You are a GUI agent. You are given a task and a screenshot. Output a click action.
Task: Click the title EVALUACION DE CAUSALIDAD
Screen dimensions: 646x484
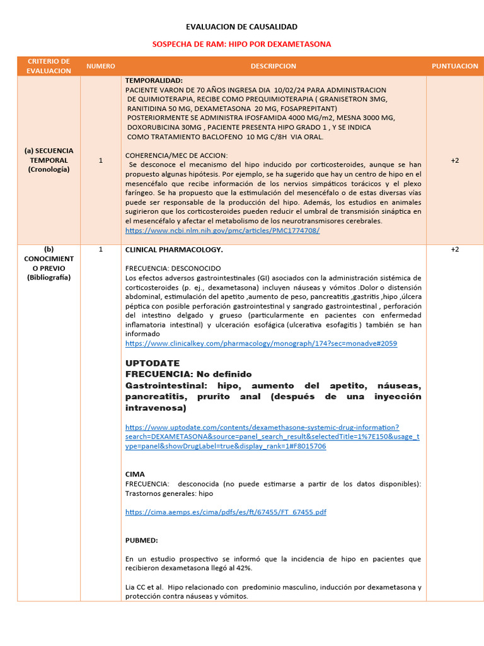pos(241,27)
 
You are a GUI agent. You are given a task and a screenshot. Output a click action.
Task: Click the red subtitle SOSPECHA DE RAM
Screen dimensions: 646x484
pos(241,44)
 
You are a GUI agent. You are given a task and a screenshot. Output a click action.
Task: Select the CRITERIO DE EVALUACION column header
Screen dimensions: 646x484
pos(49,66)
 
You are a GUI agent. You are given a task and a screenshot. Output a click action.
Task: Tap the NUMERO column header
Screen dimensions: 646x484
pos(101,66)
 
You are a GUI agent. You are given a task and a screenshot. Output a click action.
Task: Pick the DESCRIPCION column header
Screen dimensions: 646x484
pos(273,66)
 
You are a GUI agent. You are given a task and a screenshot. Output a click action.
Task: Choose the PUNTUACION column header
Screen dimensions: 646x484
pos(454,66)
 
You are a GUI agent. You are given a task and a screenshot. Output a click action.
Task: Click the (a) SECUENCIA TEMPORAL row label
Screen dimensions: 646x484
pos(49,160)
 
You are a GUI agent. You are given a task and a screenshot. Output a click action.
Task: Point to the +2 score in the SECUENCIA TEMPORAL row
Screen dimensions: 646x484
pos(454,161)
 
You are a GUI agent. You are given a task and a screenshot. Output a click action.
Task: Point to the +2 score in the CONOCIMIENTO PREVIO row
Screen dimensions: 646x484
pos(454,250)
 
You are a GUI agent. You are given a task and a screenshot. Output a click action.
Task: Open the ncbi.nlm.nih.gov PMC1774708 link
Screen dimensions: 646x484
pos(222,231)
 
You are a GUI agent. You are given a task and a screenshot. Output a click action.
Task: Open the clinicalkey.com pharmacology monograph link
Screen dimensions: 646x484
pos(261,344)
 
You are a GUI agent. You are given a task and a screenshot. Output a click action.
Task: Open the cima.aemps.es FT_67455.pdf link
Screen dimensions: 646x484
pos(226,512)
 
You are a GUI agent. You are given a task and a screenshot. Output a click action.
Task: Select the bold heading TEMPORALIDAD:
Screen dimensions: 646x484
pos(154,81)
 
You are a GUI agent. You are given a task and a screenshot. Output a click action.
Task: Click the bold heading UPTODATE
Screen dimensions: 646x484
pos(153,363)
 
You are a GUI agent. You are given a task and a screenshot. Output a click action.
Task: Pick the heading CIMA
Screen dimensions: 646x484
pos(135,474)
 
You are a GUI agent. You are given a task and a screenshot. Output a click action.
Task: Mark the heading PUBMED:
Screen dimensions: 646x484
pos(142,541)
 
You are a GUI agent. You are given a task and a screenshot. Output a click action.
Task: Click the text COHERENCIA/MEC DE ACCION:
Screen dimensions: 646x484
pos(176,155)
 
